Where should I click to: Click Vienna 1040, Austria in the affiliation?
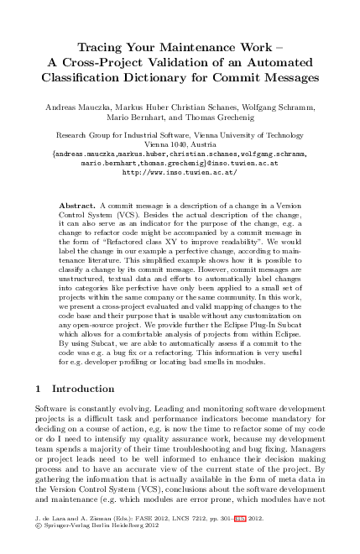[x=179, y=144]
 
